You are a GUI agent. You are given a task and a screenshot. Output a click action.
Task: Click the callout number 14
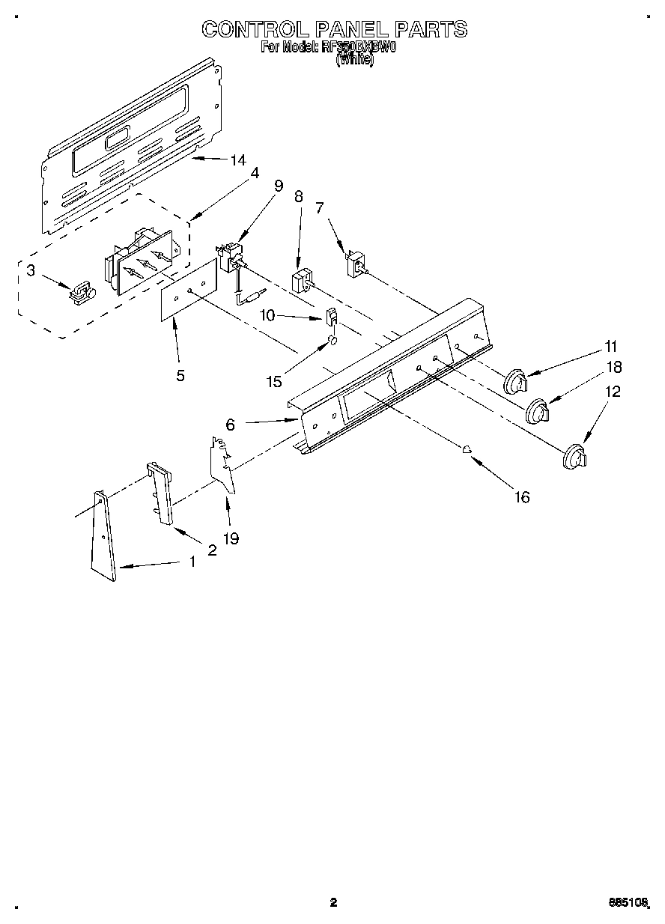pyautogui.click(x=238, y=159)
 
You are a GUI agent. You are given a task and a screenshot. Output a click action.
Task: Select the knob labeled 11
pyautogui.click(x=515, y=382)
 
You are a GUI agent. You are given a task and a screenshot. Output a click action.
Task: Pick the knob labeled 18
pyautogui.click(x=538, y=412)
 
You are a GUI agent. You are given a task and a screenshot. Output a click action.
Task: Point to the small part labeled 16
pyautogui.click(x=466, y=450)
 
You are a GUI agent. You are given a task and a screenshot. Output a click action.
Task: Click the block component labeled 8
pyautogui.click(x=301, y=282)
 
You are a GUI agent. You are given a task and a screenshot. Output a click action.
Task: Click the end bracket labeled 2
pyautogui.click(x=160, y=495)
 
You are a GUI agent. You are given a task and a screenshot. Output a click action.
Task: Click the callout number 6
pyautogui.click(x=231, y=425)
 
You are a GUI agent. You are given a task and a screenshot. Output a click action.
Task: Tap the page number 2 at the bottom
pyautogui.click(x=334, y=902)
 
